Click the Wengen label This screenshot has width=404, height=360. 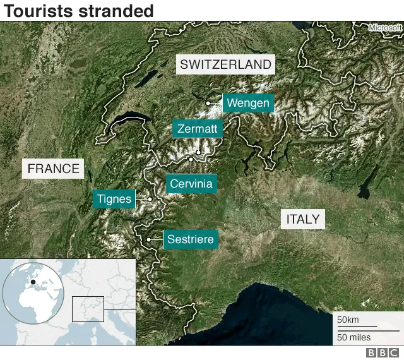(x=248, y=103)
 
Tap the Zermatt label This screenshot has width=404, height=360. (x=198, y=129)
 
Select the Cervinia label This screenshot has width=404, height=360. (x=191, y=184)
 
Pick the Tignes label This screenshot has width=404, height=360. (x=114, y=200)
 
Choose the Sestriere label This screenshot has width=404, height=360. (x=191, y=240)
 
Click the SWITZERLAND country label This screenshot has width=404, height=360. (x=225, y=64)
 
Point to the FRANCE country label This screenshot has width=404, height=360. (x=54, y=169)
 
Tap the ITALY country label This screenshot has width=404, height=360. (x=303, y=219)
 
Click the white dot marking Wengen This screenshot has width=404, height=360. (x=208, y=103)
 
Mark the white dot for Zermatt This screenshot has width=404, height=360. (x=198, y=152)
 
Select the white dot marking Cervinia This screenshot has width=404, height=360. (x=191, y=159)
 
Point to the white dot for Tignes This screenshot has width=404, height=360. (x=150, y=200)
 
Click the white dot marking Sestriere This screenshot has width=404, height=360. (x=149, y=240)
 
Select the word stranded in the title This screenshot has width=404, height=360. (x=114, y=11)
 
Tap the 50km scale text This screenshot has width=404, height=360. (x=347, y=320)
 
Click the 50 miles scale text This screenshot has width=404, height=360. (x=353, y=337)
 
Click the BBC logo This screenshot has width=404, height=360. (x=383, y=353)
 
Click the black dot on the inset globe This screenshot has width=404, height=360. (x=32, y=282)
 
